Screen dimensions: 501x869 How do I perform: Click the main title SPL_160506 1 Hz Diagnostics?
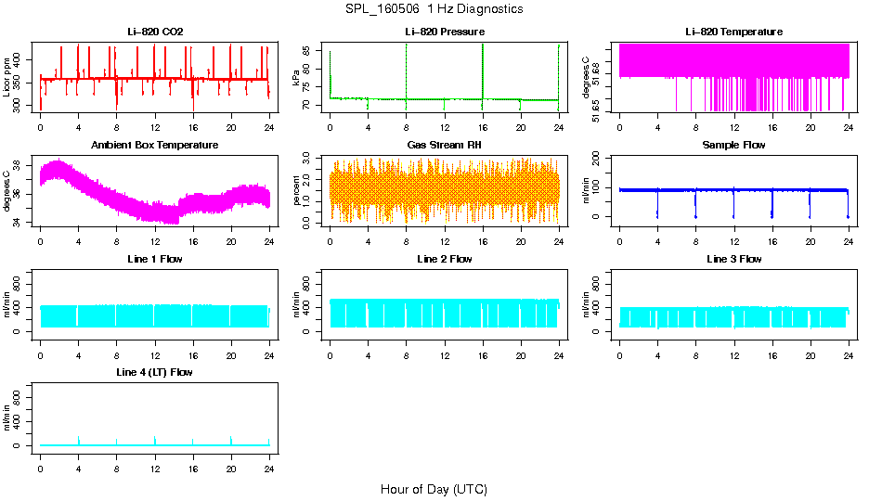coord(434,8)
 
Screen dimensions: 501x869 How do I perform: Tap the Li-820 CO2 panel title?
coord(155,32)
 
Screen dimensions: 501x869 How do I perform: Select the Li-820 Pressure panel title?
coord(444,32)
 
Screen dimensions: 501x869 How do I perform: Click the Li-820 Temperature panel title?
coord(733,32)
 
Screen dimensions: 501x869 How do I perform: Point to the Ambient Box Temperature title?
coord(155,145)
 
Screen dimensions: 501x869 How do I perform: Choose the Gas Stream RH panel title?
coord(444,145)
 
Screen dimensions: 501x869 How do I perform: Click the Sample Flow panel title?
coord(733,145)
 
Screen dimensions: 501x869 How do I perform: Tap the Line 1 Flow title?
coord(155,259)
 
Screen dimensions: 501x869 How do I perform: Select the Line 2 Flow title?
coord(444,259)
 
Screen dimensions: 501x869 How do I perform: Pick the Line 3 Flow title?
coord(733,259)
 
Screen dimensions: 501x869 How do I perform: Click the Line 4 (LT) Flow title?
coord(155,372)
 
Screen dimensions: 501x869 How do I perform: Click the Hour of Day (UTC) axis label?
coord(434,489)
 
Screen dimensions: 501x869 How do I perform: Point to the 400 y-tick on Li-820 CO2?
coord(19,58)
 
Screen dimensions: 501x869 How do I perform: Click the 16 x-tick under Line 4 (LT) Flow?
coord(193,460)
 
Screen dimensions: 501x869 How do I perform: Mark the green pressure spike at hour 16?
coord(483,70)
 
